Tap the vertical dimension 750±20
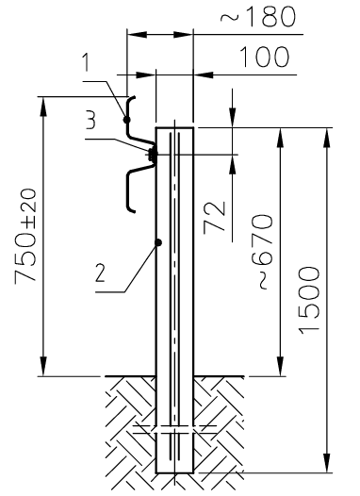point(26,237)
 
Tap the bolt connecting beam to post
point(150,151)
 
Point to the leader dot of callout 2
point(158,242)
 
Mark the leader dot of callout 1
point(125,119)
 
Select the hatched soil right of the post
point(217,424)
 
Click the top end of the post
point(174,127)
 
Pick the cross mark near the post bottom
point(174,431)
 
